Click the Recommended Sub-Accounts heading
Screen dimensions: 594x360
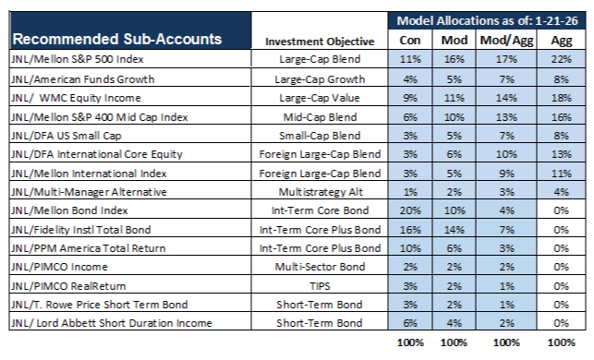(x=117, y=39)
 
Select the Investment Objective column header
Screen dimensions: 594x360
(x=320, y=42)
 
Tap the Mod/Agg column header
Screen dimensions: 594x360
(x=506, y=40)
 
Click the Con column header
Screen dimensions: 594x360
(x=410, y=40)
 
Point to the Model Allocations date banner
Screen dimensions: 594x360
(x=487, y=20)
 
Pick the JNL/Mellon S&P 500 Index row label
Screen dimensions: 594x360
(x=78, y=59)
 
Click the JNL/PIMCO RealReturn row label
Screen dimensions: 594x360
(x=68, y=286)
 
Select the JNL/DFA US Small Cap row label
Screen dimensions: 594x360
(x=67, y=136)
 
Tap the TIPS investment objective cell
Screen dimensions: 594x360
(x=320, y=286)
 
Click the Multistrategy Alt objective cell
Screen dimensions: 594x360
(x=321, y=192)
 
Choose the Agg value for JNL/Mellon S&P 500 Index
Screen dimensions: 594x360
(x=561, y=59)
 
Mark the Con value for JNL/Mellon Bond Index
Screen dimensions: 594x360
(x=410, y=210)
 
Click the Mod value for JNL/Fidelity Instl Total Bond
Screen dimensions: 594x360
(x=454, y=230)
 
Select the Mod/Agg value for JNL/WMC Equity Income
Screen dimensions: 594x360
(x=506, y=98)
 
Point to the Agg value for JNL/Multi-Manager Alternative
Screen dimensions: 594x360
(x=561, y=192)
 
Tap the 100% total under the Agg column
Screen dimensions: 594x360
(x=561, y=342)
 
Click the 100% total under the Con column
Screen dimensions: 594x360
(x=410, y=342)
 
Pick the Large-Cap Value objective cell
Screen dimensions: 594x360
(x=320, y=98)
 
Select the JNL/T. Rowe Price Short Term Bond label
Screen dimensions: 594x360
(x=100, y=305)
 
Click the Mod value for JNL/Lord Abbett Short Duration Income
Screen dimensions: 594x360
(x=454, y=323)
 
